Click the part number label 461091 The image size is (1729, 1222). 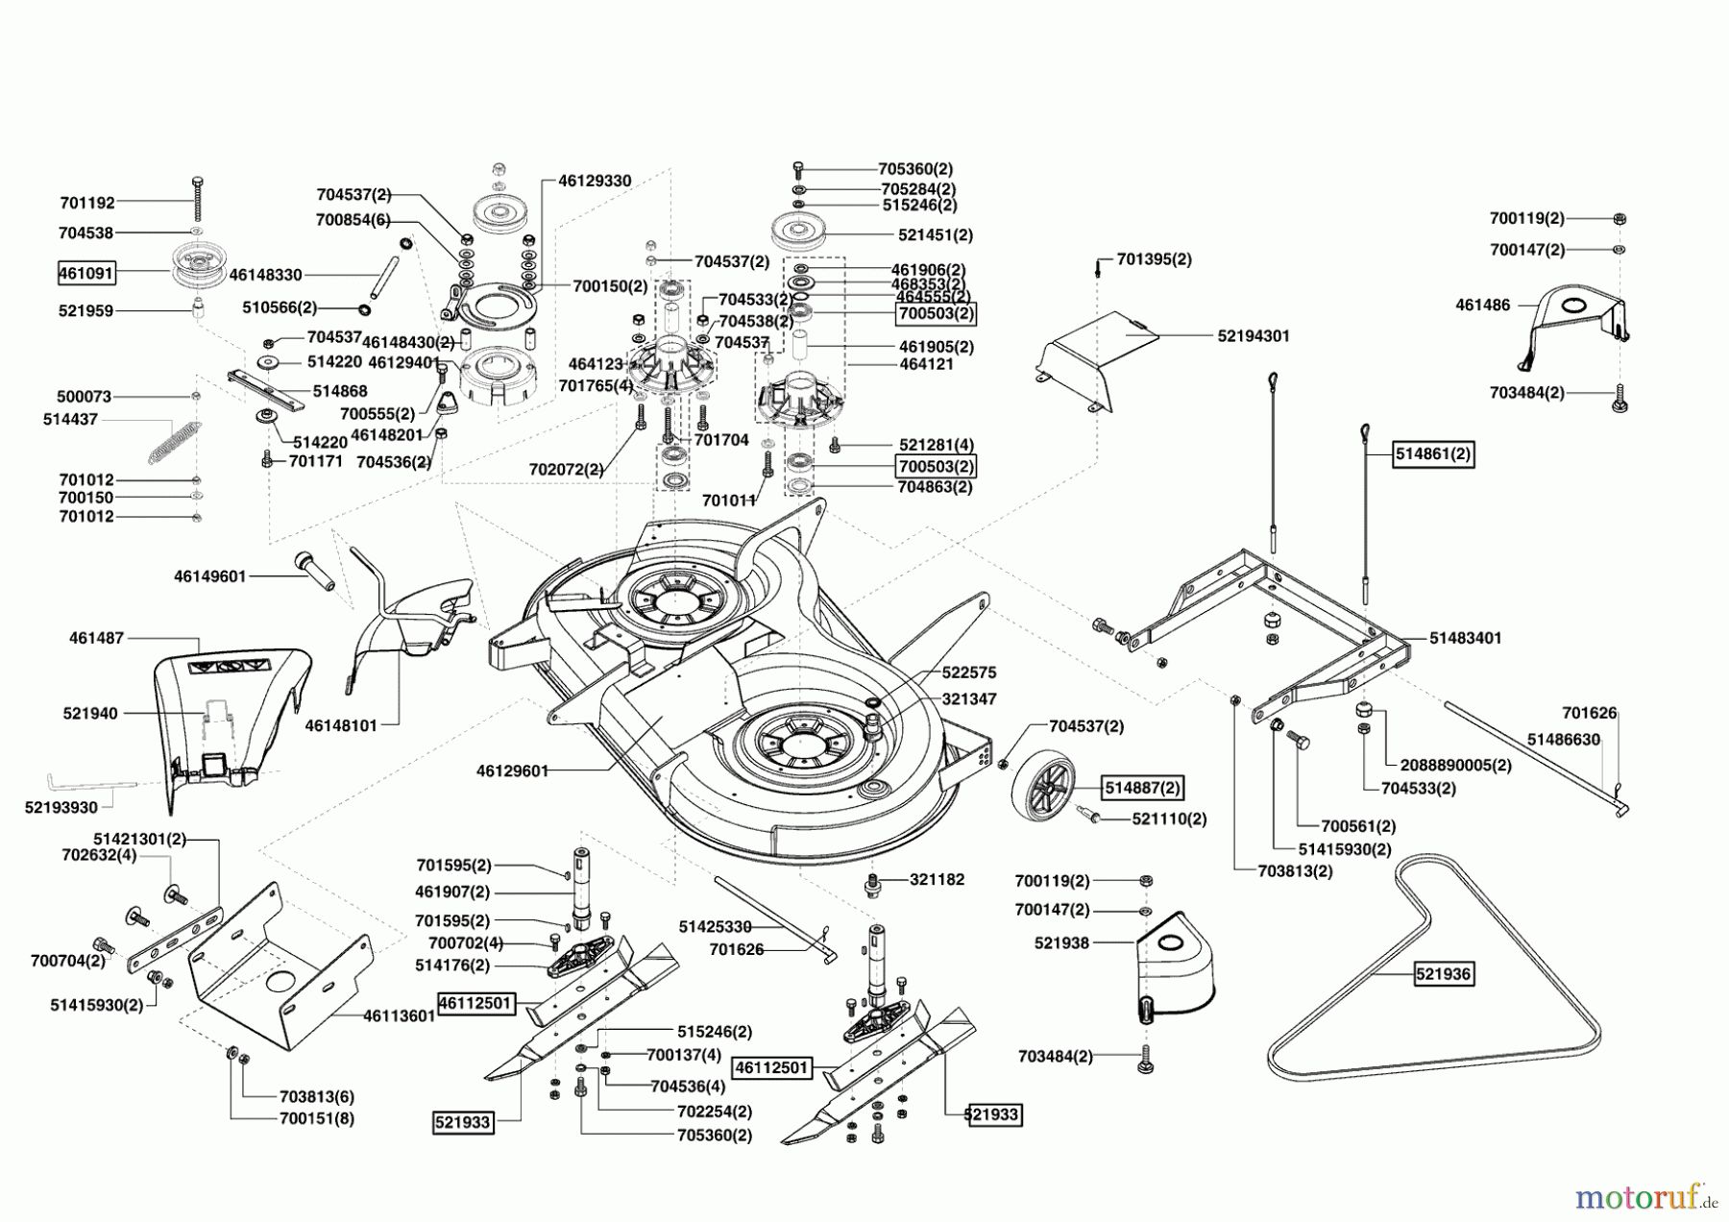coord(85,274)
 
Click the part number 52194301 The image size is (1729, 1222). coord(1253,336)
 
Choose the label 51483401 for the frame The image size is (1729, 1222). coord(1465,638)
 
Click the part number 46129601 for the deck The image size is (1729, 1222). coord(512,770)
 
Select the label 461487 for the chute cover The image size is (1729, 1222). coord(96,638)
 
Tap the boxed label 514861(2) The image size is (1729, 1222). coord(1433,454)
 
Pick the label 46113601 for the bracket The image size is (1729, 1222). coord(399,1015)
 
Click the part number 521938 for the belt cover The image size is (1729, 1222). coord(1061,943)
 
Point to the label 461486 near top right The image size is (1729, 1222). coord(1483,305)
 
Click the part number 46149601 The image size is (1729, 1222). coord(209,576)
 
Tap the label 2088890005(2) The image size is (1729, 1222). coord(1456,766)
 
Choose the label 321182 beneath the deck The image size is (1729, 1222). coord(937,880)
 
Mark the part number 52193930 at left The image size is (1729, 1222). coord(61,808)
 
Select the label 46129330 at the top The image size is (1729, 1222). coord(595,181)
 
